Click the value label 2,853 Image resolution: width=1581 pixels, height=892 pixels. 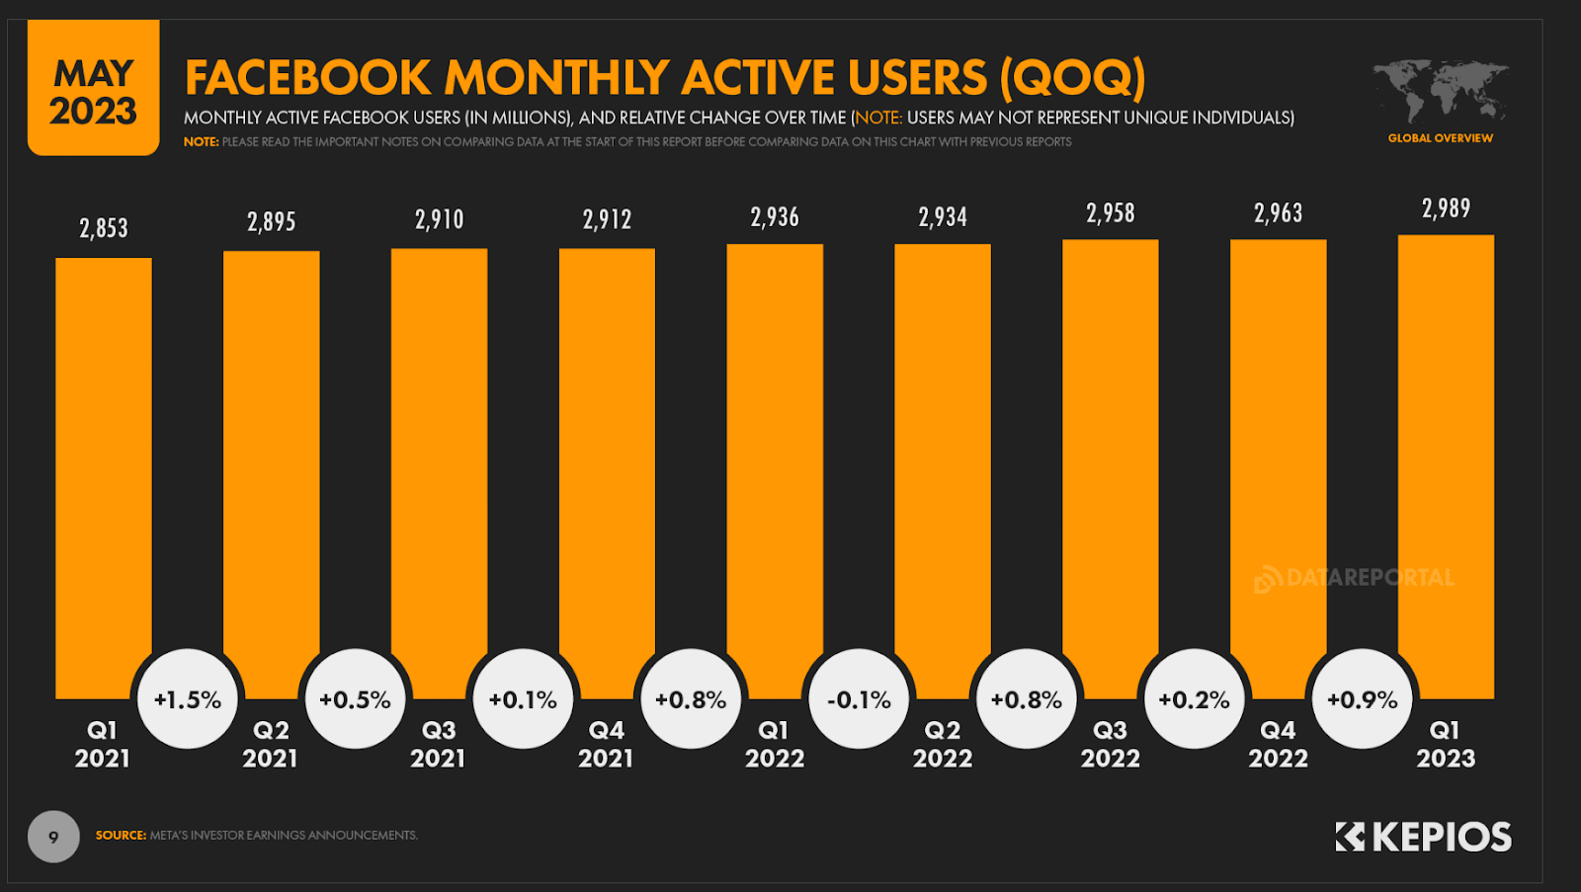click(104, 228)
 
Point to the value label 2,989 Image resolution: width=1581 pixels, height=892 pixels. click(1446, 208)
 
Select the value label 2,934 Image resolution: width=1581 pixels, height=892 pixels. click(943, 217)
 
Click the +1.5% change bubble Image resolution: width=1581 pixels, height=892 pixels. click(188, 699)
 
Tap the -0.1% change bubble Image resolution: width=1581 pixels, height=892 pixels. click(859, 699)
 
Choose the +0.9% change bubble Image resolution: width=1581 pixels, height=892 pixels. click(1362, 699)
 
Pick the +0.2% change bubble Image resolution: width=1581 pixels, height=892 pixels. click(1194, 699)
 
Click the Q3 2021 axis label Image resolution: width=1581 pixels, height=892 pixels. click(438, 744)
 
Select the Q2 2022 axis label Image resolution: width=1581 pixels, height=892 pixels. click(942, 744)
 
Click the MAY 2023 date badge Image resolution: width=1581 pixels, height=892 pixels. click(94, 91)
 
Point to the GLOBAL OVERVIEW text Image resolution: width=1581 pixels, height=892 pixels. click(1440, 138)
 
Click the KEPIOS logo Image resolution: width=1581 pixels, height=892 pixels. click(1424, 837)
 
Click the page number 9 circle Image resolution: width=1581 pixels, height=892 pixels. click(53, 837)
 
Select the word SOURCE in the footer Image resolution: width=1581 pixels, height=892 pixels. click(121, 836)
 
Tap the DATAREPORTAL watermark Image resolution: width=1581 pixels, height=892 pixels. click(1355, 578)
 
